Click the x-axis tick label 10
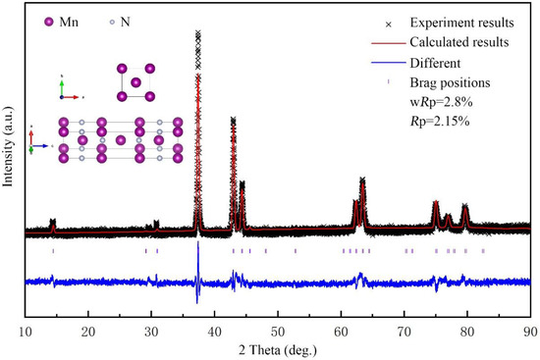coord(26,330)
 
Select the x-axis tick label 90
coord(530,330)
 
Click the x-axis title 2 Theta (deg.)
coord(278,348)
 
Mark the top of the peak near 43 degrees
coord(233,119)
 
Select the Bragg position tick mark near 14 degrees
coord(53,251)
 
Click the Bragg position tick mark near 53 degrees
coord(296,251)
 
